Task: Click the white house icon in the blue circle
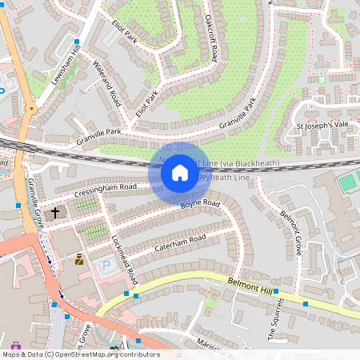click(x=180, y=172)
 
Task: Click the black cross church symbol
click(x=56, y=213)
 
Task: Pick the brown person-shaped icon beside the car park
click(x=79, y=259)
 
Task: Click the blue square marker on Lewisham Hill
click(x=77, y=40)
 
